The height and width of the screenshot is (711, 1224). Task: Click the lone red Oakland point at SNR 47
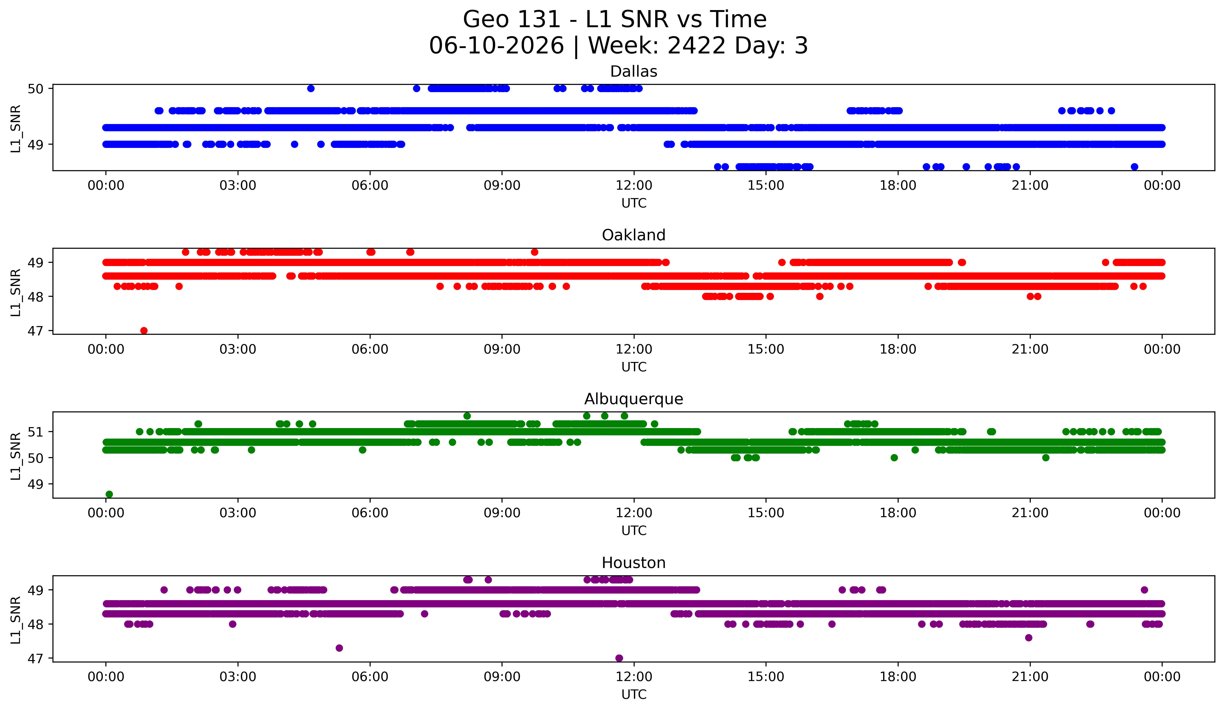[x=144, y=331]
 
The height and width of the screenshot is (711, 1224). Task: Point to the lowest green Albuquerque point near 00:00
[x=109, y=494]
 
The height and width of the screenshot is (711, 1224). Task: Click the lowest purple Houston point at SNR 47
[x=619, y=658]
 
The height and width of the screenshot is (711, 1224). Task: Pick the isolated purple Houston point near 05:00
[x=339, y=648]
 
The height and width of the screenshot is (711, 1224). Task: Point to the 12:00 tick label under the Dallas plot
[x=634, y=186]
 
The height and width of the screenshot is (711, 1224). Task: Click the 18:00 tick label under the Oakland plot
[x=898, y=350]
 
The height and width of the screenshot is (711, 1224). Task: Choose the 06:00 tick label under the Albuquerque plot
[x=370, y=513]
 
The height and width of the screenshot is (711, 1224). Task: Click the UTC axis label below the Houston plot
[x=634, y=695]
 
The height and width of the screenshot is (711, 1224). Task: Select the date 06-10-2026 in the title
[x=496, y=46]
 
